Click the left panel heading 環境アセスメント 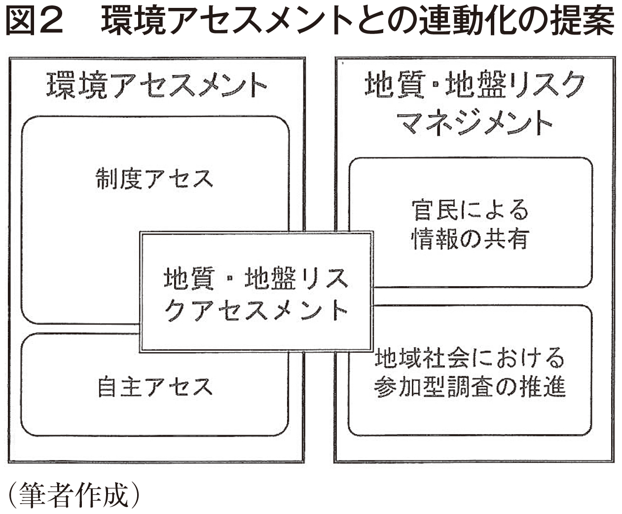click(156, 87)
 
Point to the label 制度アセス click(155, 179)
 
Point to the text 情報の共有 click(470, 239)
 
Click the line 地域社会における click(470, 358)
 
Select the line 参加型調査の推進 click(470, 387)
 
